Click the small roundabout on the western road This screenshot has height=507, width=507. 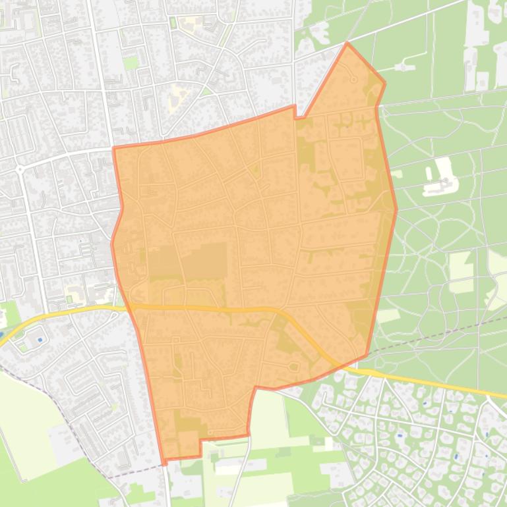(20, 169)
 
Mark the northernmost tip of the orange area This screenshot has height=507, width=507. (347, 43)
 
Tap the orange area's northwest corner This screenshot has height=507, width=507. (114, 148)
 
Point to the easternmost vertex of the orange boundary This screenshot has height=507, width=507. (396, 209)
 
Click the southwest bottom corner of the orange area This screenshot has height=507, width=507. (163, 460)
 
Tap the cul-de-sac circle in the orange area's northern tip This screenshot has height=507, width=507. (354, 80)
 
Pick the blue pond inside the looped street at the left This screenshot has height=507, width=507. (40, 340)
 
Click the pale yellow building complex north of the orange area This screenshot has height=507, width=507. (176, 99)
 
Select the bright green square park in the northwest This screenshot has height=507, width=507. (131, 63)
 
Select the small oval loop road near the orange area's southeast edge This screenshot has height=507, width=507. (292, 367)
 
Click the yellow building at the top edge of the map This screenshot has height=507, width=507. (192, 24)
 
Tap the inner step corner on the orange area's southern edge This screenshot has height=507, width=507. (200, 439)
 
